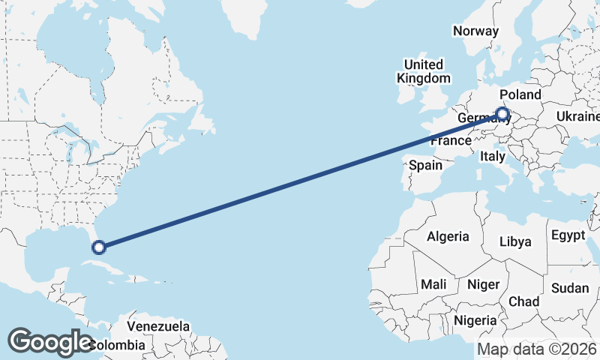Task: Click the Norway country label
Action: tap(475, 31)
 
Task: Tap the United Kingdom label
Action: tap(424, 71)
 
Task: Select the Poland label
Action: tap(520, 94)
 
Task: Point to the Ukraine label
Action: tap(577, 116)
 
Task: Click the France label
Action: tap(450, 141)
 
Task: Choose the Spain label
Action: tap(425, 165)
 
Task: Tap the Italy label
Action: tap(493, 156)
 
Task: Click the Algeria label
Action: tap(448, 236)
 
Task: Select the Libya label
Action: tap(515, 241)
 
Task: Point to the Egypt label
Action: tap(568, 235)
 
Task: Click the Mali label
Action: tap(433, 284)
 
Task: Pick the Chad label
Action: tap(523, 301)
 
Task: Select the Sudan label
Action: tap(570, 288)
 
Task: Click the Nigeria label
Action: tap(475, 320)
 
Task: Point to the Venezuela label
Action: tap(157, 326)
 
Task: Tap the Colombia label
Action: tap(116, 345)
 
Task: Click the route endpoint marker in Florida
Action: tap(98, 246)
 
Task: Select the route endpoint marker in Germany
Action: tap(502, 115)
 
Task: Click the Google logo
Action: tap(50, 341)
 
